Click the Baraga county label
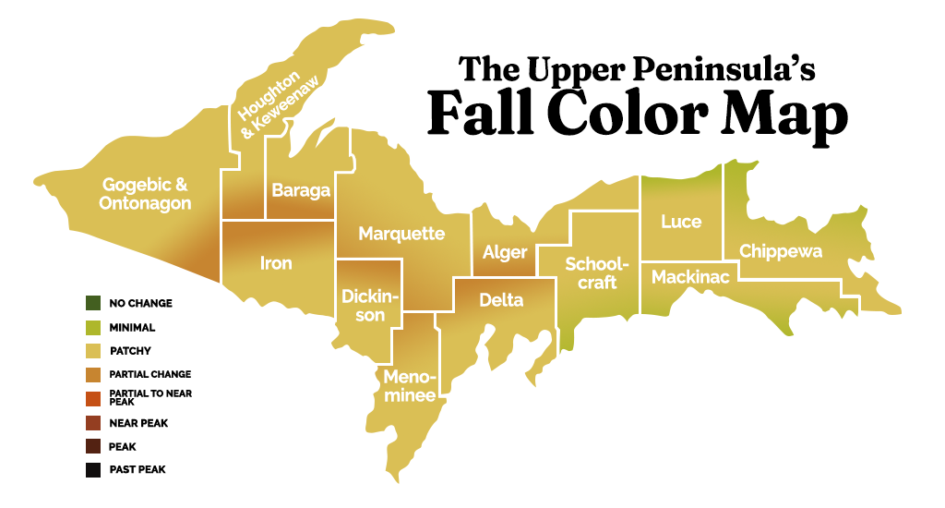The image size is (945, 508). click(x=301, y=191)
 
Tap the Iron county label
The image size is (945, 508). click(x=276, y=264)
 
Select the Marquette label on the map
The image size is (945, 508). click(x=401, y=234)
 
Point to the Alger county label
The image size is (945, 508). click(x=505, y=252)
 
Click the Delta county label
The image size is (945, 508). click(x=501, y=300)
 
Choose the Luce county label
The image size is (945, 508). click(x=681, y=222)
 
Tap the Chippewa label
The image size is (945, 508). click(x=781, y=251)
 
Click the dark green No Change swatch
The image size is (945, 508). click(x=92, y=303)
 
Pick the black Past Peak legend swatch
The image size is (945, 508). click(x=92, y=469)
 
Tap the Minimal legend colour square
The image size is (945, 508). click(x=92, y=327)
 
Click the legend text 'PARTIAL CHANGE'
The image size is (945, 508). click(x=150, y=374)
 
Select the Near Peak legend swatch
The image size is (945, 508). click(x=92, y=422)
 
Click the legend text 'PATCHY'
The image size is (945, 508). click(x=130, y=351)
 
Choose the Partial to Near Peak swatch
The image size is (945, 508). click(x=92, y=398)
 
